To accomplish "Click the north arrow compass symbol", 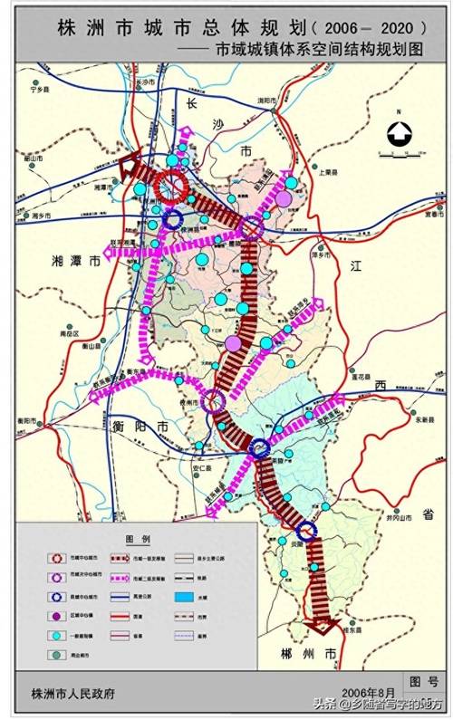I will click(x=398, y=134).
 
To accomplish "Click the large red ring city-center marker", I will click(x=169, y=187).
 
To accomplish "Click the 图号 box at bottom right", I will click(x=422, y=681).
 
